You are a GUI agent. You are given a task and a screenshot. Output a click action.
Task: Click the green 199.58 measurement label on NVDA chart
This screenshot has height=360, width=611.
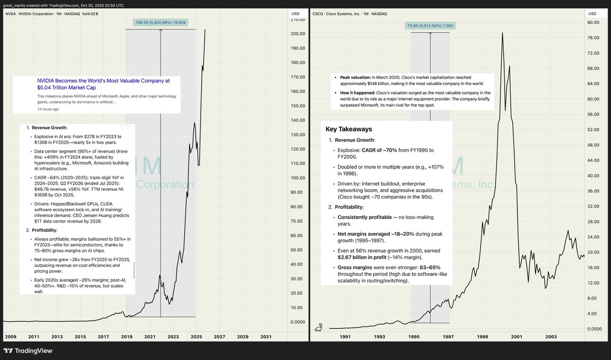(x=160, y=22)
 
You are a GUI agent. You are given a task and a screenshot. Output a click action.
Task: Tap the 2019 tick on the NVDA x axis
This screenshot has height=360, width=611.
(x=127, y=337)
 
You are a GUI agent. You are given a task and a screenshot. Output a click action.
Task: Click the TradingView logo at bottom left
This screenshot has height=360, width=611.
(x=28, y=351)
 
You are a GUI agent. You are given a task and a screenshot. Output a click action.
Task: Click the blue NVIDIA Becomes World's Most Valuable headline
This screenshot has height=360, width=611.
(x=103, y=84)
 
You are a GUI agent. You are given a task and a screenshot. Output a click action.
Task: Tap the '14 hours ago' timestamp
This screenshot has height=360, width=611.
(x=48, y=109)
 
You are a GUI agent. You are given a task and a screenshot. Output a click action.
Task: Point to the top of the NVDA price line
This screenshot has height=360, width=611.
(x=205, y=30)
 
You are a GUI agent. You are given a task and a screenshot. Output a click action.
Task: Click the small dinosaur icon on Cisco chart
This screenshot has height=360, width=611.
(x=319, y=327)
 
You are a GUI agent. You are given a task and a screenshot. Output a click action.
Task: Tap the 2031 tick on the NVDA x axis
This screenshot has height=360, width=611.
(x=266, y=337)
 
